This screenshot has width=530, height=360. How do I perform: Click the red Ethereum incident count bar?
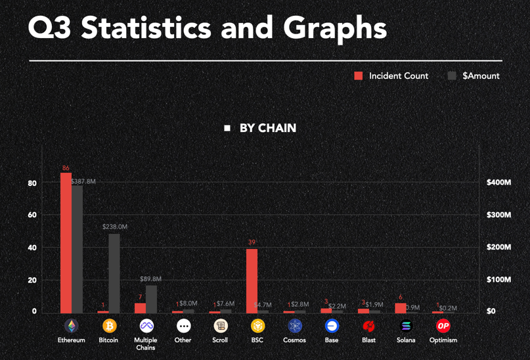(66, 242)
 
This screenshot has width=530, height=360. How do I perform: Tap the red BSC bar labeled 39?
(252, 281)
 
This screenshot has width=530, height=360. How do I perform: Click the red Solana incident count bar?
(400, 307)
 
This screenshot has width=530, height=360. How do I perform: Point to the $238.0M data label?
(115, 227)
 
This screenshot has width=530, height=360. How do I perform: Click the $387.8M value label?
(83, 181)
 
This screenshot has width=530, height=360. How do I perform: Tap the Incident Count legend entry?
(391, 76)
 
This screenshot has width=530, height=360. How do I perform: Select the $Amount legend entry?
(474, 76)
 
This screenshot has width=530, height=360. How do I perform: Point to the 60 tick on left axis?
(32, 215)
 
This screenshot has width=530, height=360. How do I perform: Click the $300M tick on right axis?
(498, 215)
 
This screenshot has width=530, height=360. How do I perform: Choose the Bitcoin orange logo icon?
(109, 326)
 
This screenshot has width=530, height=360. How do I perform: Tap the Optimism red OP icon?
(443, 326)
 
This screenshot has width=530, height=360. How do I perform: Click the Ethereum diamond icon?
(71, 326)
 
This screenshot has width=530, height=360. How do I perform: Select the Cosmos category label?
(294, 340)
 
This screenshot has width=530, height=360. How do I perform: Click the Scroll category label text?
(220, 340)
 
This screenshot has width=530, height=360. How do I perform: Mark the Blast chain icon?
(368, 326)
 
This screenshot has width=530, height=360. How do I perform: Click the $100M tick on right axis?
(498, 280)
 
